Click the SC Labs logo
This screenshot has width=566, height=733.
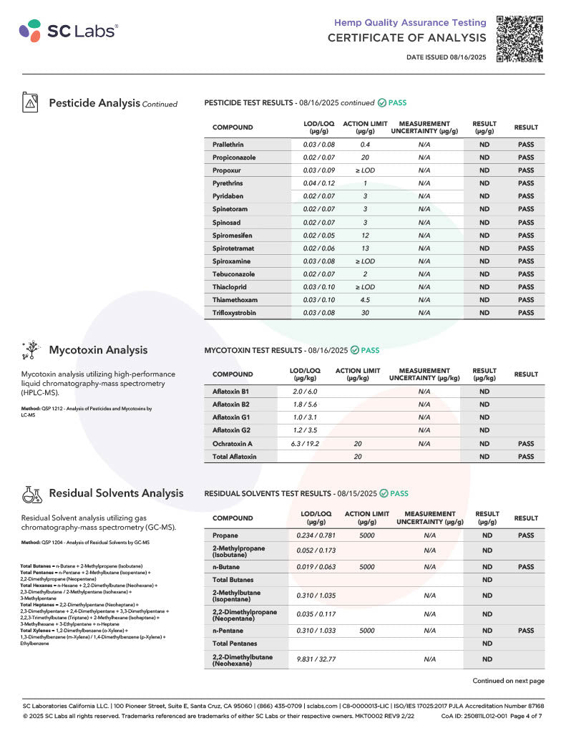coord(69,30)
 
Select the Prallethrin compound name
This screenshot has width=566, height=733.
coord(228,145)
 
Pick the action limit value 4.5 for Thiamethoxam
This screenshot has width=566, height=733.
coord(365,300)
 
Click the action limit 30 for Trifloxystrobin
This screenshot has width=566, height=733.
coord(365,313)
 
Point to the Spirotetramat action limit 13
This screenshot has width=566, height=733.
coord(365,248)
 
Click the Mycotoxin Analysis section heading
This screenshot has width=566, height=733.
coord(98,350)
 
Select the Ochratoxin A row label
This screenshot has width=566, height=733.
coord(233,444)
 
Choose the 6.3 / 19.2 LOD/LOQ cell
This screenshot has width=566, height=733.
coord(305,444)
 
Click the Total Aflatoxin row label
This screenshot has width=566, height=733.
coord(234,457)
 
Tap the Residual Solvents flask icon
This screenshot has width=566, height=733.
coord(30,493)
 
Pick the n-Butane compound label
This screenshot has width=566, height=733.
coord(228,567)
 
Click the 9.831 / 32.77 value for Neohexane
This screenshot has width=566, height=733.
coord(316,660)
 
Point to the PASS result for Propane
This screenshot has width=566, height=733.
coord(526,535)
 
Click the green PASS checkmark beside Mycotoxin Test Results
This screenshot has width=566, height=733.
coord(355,350)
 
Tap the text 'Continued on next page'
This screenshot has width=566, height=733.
coord(508,681)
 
